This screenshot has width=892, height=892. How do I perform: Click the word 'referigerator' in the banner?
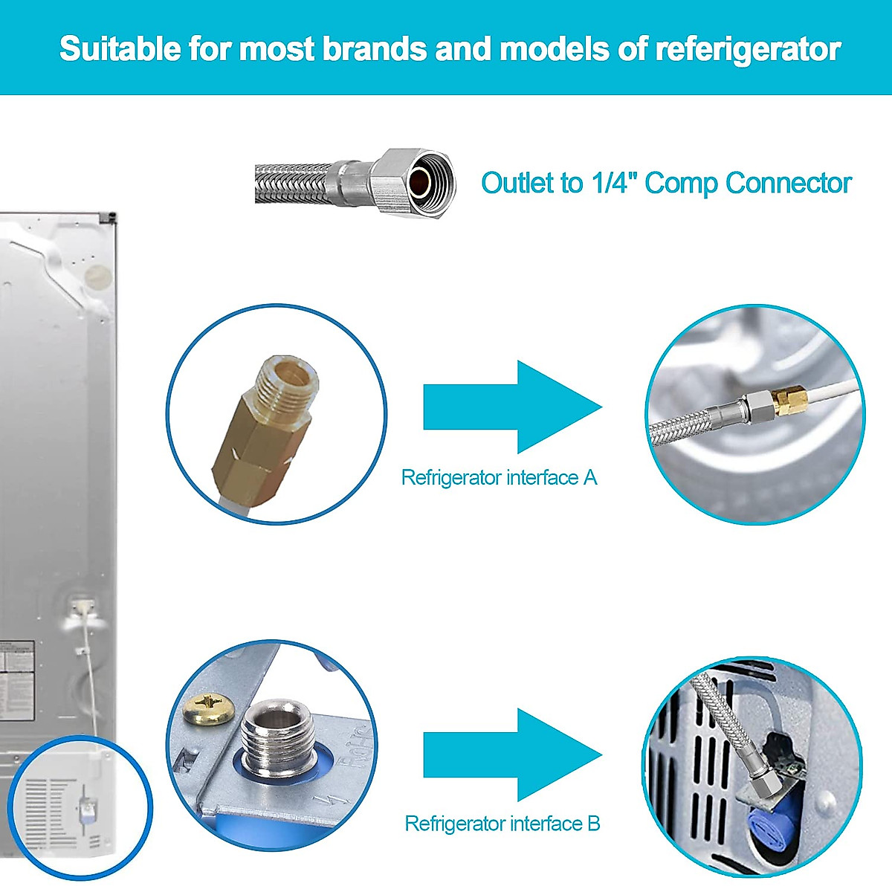pos(747,49)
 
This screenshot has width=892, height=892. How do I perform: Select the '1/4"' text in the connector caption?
pos(614,182)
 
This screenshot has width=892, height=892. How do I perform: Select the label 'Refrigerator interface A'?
pos(499,477)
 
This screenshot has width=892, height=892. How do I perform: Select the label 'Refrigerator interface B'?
pos(502,824)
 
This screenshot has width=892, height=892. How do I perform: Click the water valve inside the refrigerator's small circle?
pos(87,806)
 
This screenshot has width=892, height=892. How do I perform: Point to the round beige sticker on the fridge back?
pos(97,278)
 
